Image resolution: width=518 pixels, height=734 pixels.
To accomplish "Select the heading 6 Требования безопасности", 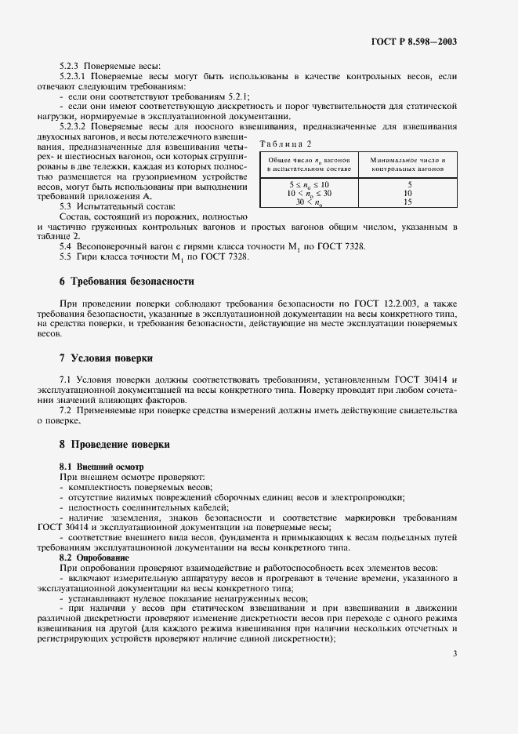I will coord(126,281).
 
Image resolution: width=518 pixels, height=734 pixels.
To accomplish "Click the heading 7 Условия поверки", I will coord(106,358).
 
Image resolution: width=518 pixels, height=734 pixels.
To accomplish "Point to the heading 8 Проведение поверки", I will coord(114,444).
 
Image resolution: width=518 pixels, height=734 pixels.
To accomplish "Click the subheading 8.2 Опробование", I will coord(91,558).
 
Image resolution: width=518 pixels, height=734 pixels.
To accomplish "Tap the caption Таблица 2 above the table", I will coord(285,144).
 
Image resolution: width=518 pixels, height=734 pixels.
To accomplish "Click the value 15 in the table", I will coord(408,202).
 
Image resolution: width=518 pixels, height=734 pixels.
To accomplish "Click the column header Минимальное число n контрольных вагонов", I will coord(408,164).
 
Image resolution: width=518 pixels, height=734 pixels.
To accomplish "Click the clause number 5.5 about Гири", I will coord(65,256).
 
